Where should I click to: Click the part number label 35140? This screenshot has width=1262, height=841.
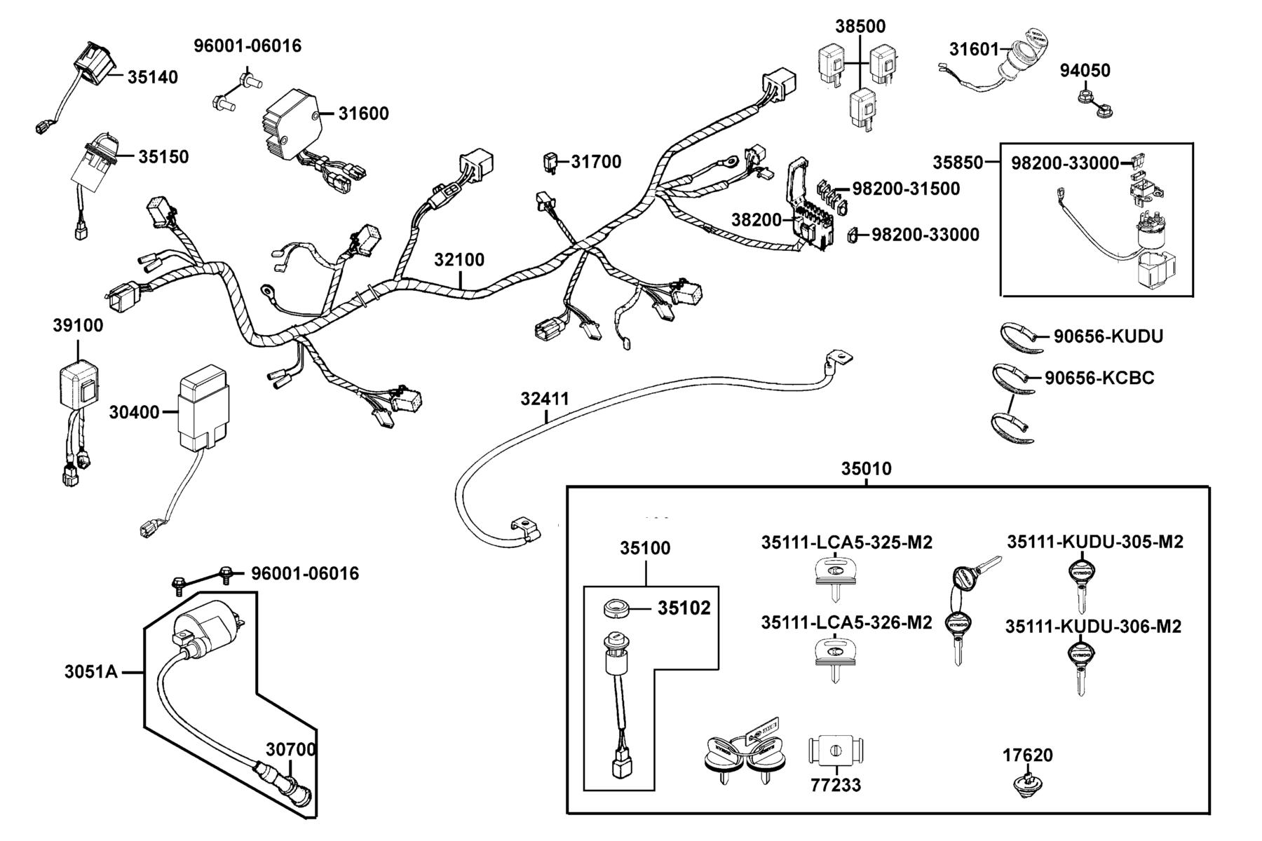(x=152, y=77)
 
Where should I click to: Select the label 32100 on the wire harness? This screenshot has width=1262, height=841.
(x=459, y=260)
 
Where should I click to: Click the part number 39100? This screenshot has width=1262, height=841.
(x=78, y=326)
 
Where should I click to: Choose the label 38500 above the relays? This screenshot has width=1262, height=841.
(x=860, y=27)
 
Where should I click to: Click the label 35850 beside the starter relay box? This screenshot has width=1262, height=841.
(x=958, y=163)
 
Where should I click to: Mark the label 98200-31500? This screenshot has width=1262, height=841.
(x=906, y=189)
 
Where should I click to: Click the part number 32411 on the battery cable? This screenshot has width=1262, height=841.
(x=545, y=399)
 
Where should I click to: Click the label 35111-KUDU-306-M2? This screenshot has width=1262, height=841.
(x=1093, y=627)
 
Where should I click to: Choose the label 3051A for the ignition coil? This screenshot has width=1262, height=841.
(x=91, y=672)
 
